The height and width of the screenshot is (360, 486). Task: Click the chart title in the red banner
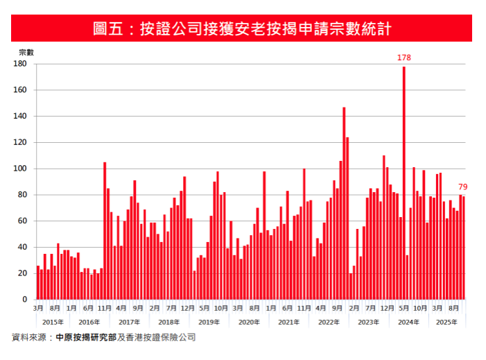pyautogui.click(x=243, y=28)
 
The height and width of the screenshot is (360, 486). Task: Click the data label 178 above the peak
pyautogui.click(x=403, y=58)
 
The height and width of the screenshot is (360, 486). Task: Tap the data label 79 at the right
pyautogui.click(x=462, y=187)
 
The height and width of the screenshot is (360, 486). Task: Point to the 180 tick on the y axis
pyautogui.click(x=20, y=64)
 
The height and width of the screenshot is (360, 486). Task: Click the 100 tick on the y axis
pyautogui.click(x=20, y=169)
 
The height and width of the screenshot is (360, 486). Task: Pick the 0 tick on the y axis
pyautogui.click(x=24, y=300)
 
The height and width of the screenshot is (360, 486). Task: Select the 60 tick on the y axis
pyautogui.click(x=22, y=221)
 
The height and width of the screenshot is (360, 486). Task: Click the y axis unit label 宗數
pyautogui.click(x=26, y=52)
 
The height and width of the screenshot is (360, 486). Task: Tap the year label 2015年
pyautogui.click(x=53, y=322)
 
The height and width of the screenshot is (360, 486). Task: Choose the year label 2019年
pyautogui.click(x=209, y=322)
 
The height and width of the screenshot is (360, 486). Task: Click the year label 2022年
pyautogui.click(x=329, y=322)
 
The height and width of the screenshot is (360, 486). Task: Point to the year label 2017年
pyautogui.click(x=129, y=322)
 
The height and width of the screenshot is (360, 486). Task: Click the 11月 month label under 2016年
pyautogui.click(x=104, y=307)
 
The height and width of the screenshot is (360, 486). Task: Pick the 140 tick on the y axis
pyautogui.click(x=20, y=117)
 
